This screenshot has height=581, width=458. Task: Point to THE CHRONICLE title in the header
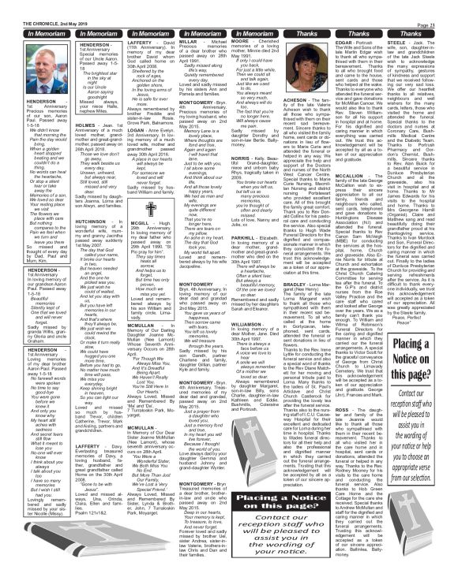click(x=24, y=5)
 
